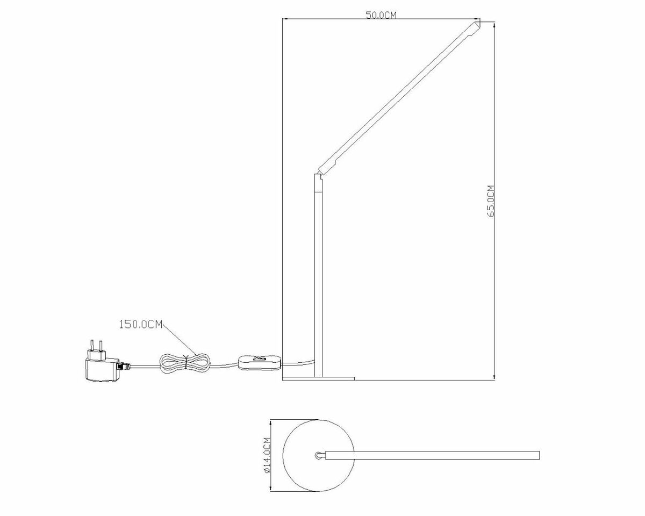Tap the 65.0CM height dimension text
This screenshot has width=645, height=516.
(x=490, y=200)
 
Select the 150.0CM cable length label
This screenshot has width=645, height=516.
(x=140, y=324)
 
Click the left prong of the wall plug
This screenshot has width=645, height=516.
(x=91, y=345)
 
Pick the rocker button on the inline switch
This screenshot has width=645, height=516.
(x=261, y=359)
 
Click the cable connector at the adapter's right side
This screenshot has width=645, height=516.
(x=125, y=365)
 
